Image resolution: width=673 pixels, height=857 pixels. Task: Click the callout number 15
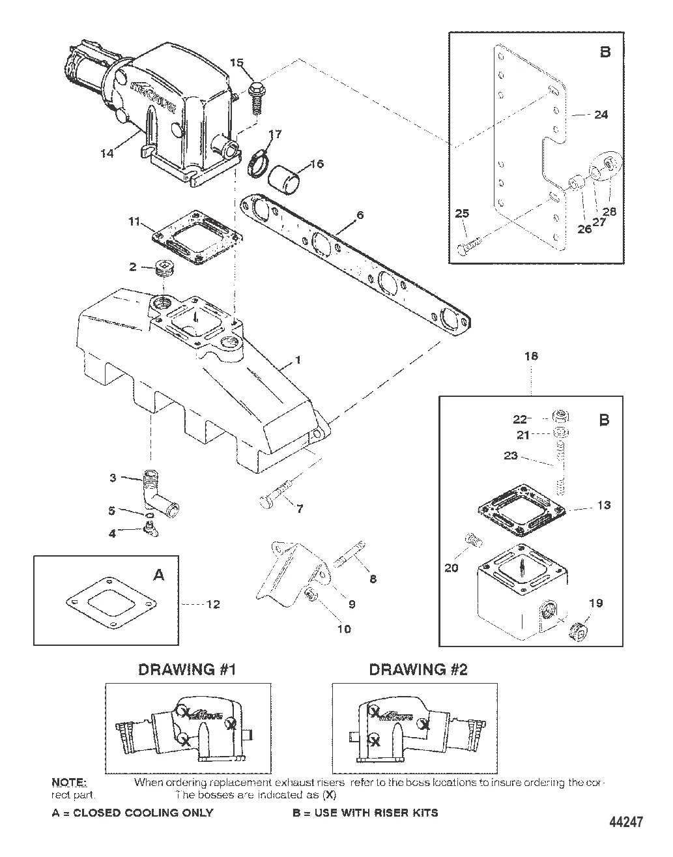point(236,63)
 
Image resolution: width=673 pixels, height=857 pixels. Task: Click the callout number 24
point(601,115)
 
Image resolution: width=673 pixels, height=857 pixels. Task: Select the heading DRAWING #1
point(186,669)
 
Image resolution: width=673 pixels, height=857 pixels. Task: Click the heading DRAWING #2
point(418,669)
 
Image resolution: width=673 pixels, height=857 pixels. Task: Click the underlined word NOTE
point(68,782)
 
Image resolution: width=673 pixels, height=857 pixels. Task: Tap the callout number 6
point(360,215)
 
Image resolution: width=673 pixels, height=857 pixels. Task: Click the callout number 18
point(531,356)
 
